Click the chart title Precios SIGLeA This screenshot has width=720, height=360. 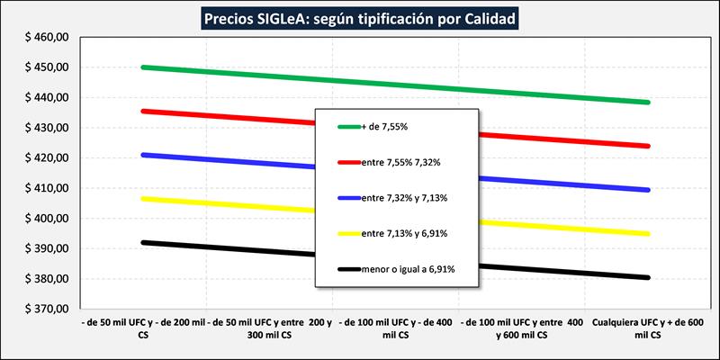pos(360,17)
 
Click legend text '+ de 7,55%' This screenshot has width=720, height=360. pos(388,127)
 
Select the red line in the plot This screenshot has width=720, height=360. pos(225,118)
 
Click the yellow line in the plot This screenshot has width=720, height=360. pos(225,204)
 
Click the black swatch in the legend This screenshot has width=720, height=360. pos(346,268)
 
